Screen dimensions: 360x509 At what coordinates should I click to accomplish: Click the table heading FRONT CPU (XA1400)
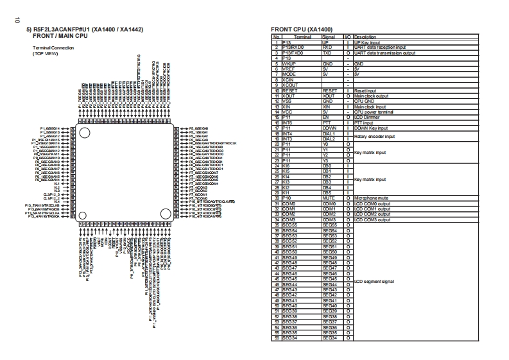coord(302,30)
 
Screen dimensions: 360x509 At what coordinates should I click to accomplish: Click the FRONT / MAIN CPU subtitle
coord(60,36)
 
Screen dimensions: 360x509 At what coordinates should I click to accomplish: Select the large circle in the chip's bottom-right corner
coord(164,212)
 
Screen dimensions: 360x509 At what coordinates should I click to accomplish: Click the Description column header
coord(367,37)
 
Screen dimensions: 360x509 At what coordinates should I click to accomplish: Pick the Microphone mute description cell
coord(372,198)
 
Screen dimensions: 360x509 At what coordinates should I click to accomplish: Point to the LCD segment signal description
coord(374,281)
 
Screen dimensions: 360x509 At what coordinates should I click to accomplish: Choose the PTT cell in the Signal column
coord(327,123)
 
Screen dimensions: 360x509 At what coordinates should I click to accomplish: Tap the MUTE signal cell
coord(328,198)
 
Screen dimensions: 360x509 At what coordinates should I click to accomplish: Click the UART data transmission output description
coord(384,53)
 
